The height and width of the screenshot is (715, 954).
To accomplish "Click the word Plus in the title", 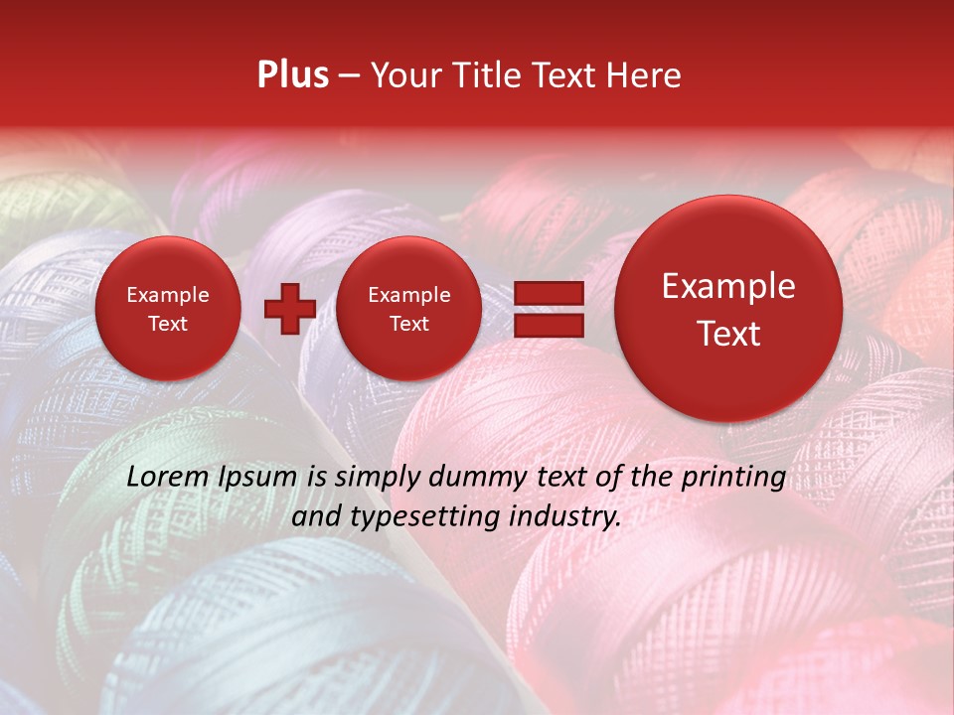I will point(292,75).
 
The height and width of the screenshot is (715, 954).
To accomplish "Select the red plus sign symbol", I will point(289,309).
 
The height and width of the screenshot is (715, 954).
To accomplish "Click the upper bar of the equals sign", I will point(548,293).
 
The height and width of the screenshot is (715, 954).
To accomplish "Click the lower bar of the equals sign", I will point(548,324).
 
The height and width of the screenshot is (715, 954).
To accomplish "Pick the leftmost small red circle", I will point(168,309).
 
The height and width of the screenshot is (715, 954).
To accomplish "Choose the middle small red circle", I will point(408,309).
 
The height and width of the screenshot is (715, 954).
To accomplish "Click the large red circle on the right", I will point(728,309).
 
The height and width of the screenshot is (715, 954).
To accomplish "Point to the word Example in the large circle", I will point(728,286).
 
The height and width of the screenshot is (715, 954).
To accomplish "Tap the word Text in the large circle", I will point(728,334).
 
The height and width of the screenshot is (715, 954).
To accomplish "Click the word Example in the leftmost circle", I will point(168,295).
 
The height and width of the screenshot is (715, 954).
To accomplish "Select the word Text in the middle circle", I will point(408,324).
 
